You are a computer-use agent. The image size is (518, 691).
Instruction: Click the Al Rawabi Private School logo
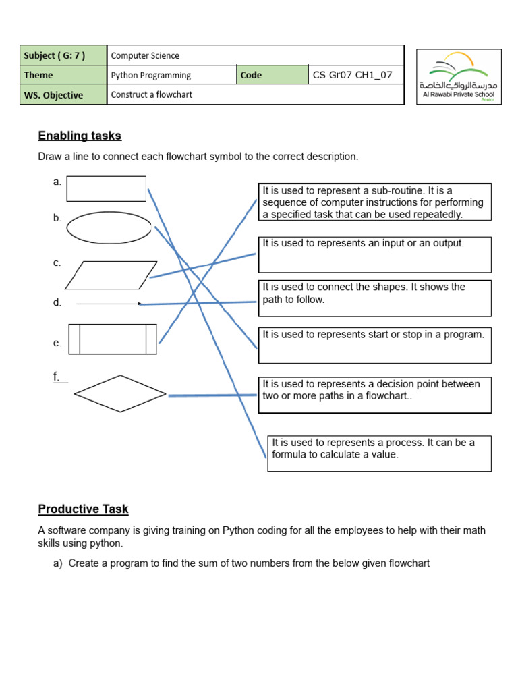coord(459,76)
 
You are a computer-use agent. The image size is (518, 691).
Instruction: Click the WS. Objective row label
coord(54,95)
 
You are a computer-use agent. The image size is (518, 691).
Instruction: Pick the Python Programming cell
coord(150,75)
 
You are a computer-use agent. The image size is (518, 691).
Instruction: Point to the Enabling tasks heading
coord(80,136)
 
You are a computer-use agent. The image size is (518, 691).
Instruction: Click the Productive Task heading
coord(83,509)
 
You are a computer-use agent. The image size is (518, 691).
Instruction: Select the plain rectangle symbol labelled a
coord(106,189)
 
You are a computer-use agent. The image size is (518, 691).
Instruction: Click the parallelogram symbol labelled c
coord(111,275)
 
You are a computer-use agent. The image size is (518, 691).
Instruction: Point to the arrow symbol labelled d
coord(109,304)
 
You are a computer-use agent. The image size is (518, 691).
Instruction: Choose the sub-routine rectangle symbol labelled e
coord(112,339)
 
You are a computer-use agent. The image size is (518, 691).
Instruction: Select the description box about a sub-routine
coord(374,202)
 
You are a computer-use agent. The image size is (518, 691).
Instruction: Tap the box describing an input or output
coord(374,254)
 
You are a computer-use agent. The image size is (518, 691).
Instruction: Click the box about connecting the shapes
coord(374,298)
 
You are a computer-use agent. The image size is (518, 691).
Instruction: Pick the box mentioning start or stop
coord(374,345)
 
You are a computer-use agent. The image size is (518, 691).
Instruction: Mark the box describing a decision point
coord(374,395)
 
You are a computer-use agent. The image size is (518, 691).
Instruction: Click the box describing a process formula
coord(379,453)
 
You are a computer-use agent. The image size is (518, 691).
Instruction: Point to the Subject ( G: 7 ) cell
coord(63,55)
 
